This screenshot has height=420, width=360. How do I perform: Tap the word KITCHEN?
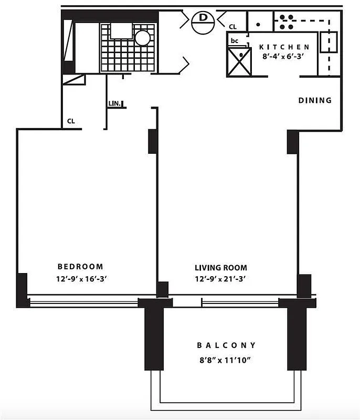pos(284,47)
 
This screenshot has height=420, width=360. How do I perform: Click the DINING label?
pos(315,100)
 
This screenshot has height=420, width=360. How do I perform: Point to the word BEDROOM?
pos(80,267)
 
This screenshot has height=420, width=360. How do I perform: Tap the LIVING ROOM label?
pos(220,267)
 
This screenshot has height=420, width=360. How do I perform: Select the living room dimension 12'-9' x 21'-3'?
pos(220,279)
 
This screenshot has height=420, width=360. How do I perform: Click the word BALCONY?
pos(227,345)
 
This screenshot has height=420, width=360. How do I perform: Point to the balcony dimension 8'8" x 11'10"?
pos(227,360)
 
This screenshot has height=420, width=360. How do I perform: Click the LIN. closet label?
pos(114,104)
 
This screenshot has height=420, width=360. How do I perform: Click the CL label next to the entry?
pos(233,26)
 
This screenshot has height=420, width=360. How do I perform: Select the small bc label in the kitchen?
pos(235,40)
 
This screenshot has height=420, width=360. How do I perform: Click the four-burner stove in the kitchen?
pos(285,21)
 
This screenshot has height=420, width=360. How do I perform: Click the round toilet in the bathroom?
pos(142,37)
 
